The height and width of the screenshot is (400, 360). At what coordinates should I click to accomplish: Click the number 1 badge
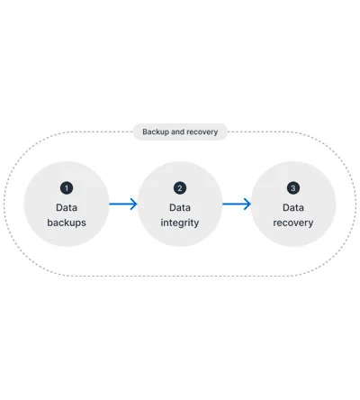click(x=67, y=188)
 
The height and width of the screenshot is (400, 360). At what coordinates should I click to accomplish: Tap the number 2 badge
click(x=180, y=188)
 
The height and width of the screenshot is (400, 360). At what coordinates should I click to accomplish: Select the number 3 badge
click(x=293, y=188)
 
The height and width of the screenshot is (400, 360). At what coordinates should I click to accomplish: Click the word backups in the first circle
click(x=67, y=223)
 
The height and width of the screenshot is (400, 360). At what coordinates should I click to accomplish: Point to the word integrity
click(x=180, y=223)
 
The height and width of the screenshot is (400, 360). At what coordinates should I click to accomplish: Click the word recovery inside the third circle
click(x=293, y=223)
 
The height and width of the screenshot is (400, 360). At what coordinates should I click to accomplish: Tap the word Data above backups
click(x=67, y=207)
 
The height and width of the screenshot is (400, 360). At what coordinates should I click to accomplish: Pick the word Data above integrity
click(x=180, y=207)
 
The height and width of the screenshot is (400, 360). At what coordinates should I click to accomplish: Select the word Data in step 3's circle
click(x=293, y=207)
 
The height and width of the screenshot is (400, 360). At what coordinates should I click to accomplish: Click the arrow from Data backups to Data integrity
click(x=123, y=205)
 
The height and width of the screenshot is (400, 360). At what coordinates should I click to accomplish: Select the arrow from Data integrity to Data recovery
click(x=237, y=205)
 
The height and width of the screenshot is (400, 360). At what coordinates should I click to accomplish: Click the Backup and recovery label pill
click(x=180, y=132)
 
